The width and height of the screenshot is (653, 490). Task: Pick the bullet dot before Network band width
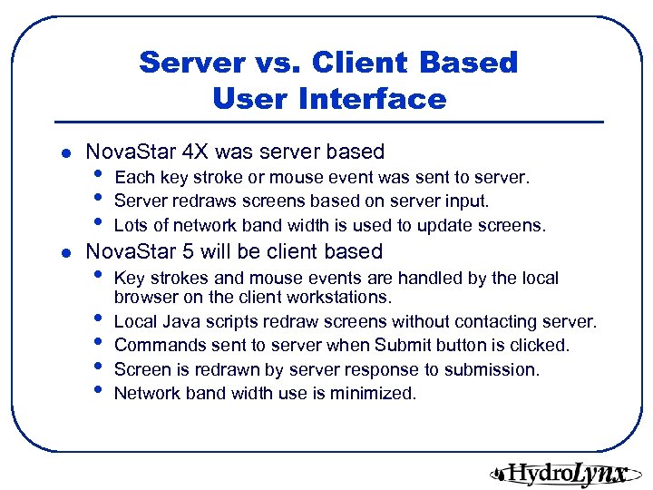(x=98, y=392)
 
